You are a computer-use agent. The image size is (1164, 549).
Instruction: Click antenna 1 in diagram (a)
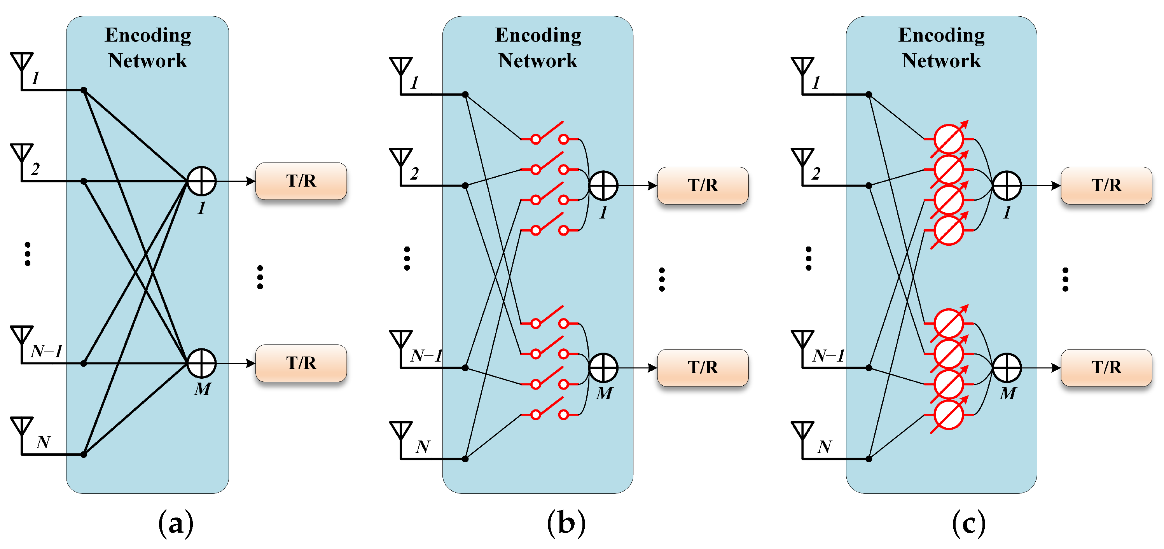coord(22,63)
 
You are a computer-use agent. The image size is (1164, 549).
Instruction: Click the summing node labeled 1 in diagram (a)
coord(201,181)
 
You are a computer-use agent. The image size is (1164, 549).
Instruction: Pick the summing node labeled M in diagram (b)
coord(603,368)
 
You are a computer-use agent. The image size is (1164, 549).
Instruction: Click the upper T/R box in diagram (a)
coord(301,181)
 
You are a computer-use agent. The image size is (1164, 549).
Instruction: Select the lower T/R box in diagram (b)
coord(703,367)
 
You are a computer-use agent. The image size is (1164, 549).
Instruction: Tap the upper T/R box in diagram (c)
coord(1106,185)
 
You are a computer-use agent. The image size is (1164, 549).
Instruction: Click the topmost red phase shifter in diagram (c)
coord(949,139)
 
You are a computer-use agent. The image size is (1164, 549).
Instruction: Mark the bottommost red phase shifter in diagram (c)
coord(949,415)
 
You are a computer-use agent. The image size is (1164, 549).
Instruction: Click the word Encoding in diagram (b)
coord(538,35)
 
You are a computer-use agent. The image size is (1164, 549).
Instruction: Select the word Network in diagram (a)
coord(147,61)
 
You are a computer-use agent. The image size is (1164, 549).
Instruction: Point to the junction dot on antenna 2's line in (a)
coord(84,181)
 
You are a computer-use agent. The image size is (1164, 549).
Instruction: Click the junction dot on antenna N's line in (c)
coord(869,459)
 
